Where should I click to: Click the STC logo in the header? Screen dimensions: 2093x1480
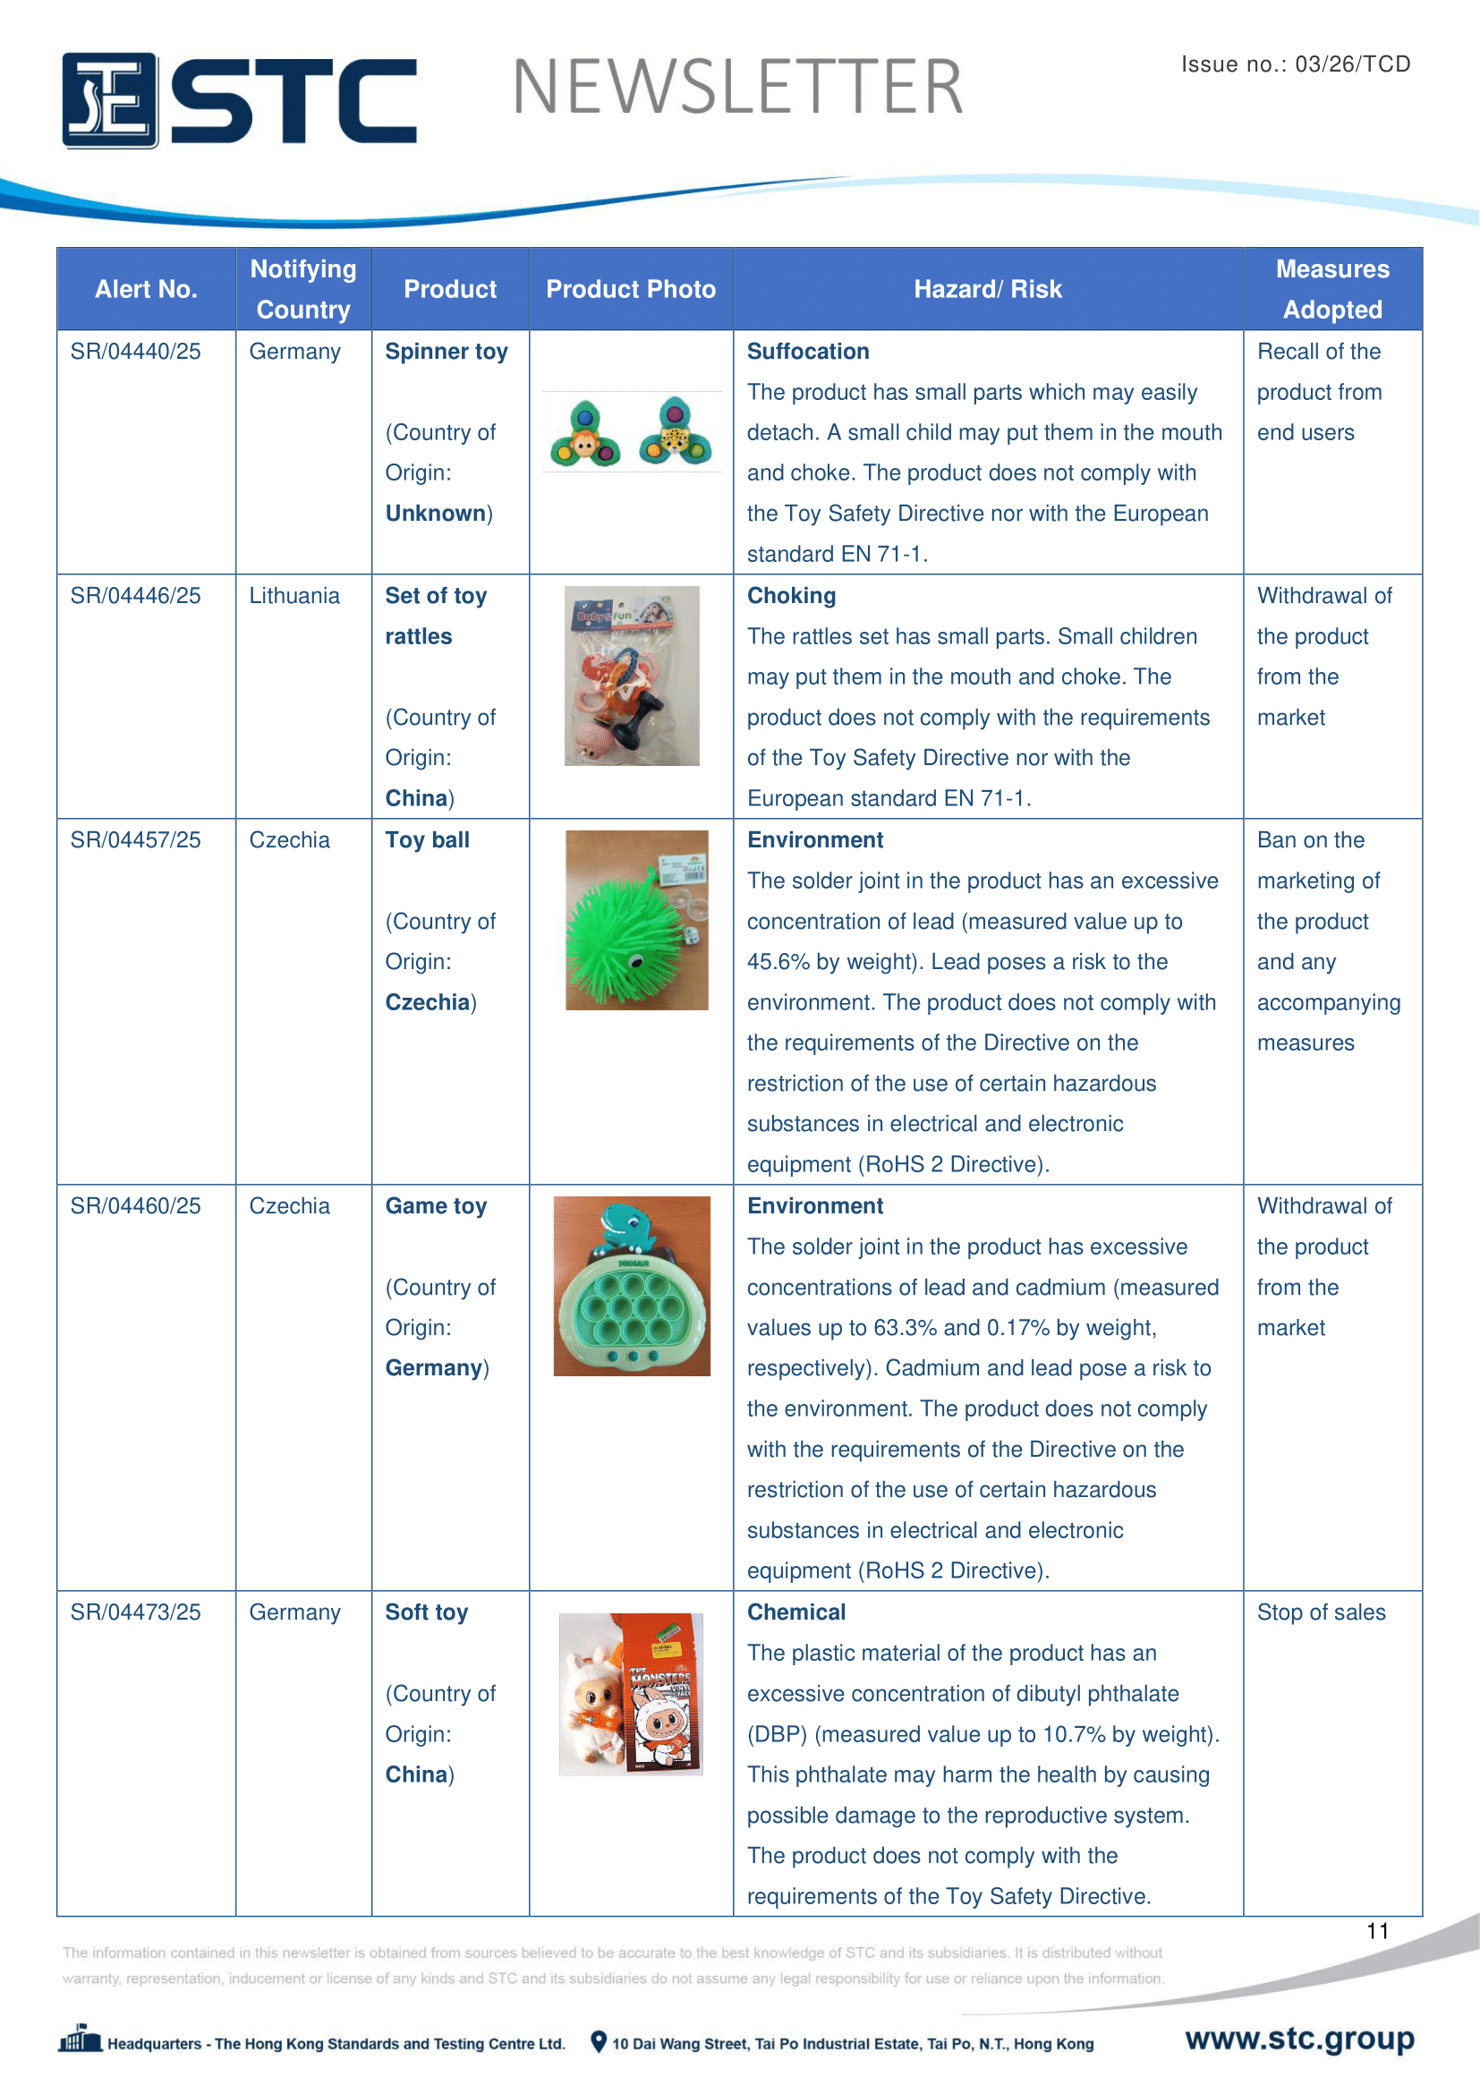pyautogui.click(x=239, y=99)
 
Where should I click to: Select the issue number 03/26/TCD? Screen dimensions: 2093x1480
pyautogui.click(x=1295, y=64)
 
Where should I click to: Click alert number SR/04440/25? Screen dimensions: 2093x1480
pyautogui.click(x=136, y=352)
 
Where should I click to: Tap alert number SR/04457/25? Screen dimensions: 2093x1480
pyautogui.click(x=136, y=839)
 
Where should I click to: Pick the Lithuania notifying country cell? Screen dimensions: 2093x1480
pyautogui.click(x=294, y=596)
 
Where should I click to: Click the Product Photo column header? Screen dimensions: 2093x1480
pyautogui.click(x=631, y=289)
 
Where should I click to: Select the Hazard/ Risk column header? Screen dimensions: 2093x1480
pyautogui.click(x=988, y=289)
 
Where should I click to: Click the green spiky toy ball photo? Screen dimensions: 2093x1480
pyautogui.click(x=636, y=920)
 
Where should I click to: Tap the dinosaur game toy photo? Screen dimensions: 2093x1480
pyautogui.click(x=632, y=1285)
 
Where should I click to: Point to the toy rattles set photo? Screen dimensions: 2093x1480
pyautogui.click(x=632, y=676)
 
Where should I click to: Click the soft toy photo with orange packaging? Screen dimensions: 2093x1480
pyautogui.click(x=631, y=1694)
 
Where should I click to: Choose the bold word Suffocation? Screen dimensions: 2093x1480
pyautogui.click(x=807, y=352)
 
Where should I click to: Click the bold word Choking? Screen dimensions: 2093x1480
pyautogui.click(x=791, y=596)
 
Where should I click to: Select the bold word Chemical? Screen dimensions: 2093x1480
pyautogui.click(x=795, y=1612)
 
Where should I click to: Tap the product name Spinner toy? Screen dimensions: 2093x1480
pyautogui.click(x=446, y=352)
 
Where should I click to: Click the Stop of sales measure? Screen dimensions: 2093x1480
pyautogui.click(x=1321, y=1612)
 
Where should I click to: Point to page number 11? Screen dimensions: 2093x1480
pyautogui.click(x=1377, y=1931)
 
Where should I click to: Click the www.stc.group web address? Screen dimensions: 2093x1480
pyautogui.click(x=1299, y=2038)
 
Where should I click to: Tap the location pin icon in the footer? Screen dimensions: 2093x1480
pyautogui.click(x=599, y=2042)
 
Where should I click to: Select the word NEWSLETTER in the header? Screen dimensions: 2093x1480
pyautogui.click(x=737, y=88)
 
